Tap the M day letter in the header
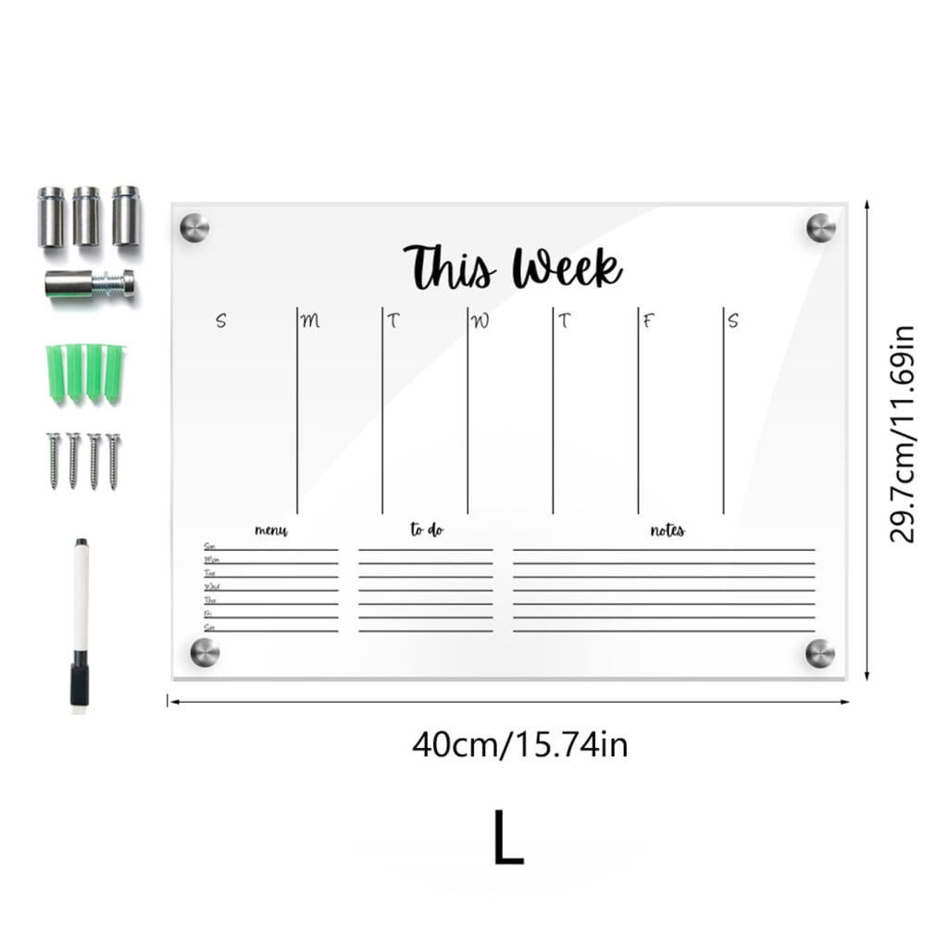pos(310,321)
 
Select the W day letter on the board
pos(480,321)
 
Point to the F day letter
pos(649,321)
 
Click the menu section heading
pos(271,530)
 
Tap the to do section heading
pos(427,530)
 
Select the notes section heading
pos(667,530)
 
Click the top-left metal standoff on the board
pos(194,228)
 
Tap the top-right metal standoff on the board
pos(820,228)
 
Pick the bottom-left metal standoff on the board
pos(205,652)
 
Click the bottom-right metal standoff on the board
pos(820,652)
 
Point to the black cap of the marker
pos(81,681)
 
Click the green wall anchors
pos(84,372)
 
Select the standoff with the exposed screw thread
pos(90,283)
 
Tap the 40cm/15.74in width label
pos(519,743)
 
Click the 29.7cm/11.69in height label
pos(903,434)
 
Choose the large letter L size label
pos(508,838)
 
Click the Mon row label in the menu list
pos(211,560)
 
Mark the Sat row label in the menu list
pos(209,628)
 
